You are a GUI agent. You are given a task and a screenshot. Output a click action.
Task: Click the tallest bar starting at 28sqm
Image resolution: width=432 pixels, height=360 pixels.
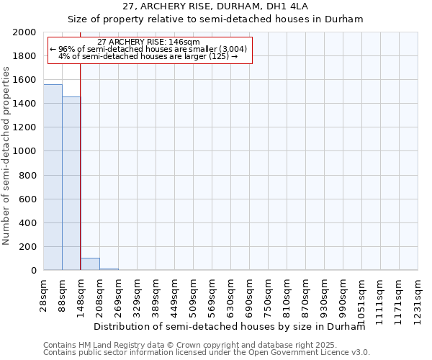(53, 177)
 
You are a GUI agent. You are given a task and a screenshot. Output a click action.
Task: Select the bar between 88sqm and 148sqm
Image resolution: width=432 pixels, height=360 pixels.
(71, 184)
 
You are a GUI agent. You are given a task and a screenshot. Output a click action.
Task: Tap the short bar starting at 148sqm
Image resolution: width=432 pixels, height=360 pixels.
(90, 264)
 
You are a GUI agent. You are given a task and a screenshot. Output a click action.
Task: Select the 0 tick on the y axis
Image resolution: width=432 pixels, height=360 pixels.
(32, 271)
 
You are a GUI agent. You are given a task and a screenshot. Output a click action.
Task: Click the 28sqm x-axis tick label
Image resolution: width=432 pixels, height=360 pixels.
(44, 294)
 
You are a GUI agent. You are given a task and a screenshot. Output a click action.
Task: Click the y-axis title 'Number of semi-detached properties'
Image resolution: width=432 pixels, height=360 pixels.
(7, 156)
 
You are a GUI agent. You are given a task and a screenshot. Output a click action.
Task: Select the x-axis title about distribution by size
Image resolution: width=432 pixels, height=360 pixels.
(230, 326)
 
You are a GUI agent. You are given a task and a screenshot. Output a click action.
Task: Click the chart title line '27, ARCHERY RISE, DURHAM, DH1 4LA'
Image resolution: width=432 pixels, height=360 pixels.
(215, 8)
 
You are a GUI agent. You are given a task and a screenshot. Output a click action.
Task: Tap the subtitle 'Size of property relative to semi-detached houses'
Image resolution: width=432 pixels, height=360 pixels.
(215, 19)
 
